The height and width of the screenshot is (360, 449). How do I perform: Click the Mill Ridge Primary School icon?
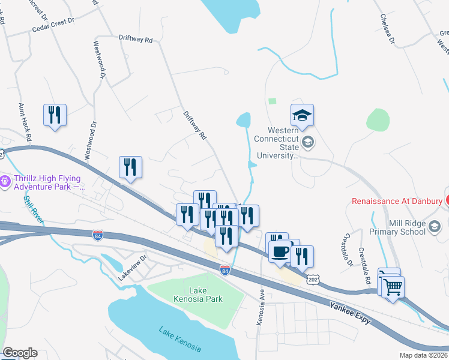pos(436,226)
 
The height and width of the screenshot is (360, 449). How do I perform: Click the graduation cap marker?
pos(303,115)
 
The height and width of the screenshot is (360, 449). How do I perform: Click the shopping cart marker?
pos(393,287)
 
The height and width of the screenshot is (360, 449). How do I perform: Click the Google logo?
pos(20,353)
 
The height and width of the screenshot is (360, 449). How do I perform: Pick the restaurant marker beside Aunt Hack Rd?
pos(55,115)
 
